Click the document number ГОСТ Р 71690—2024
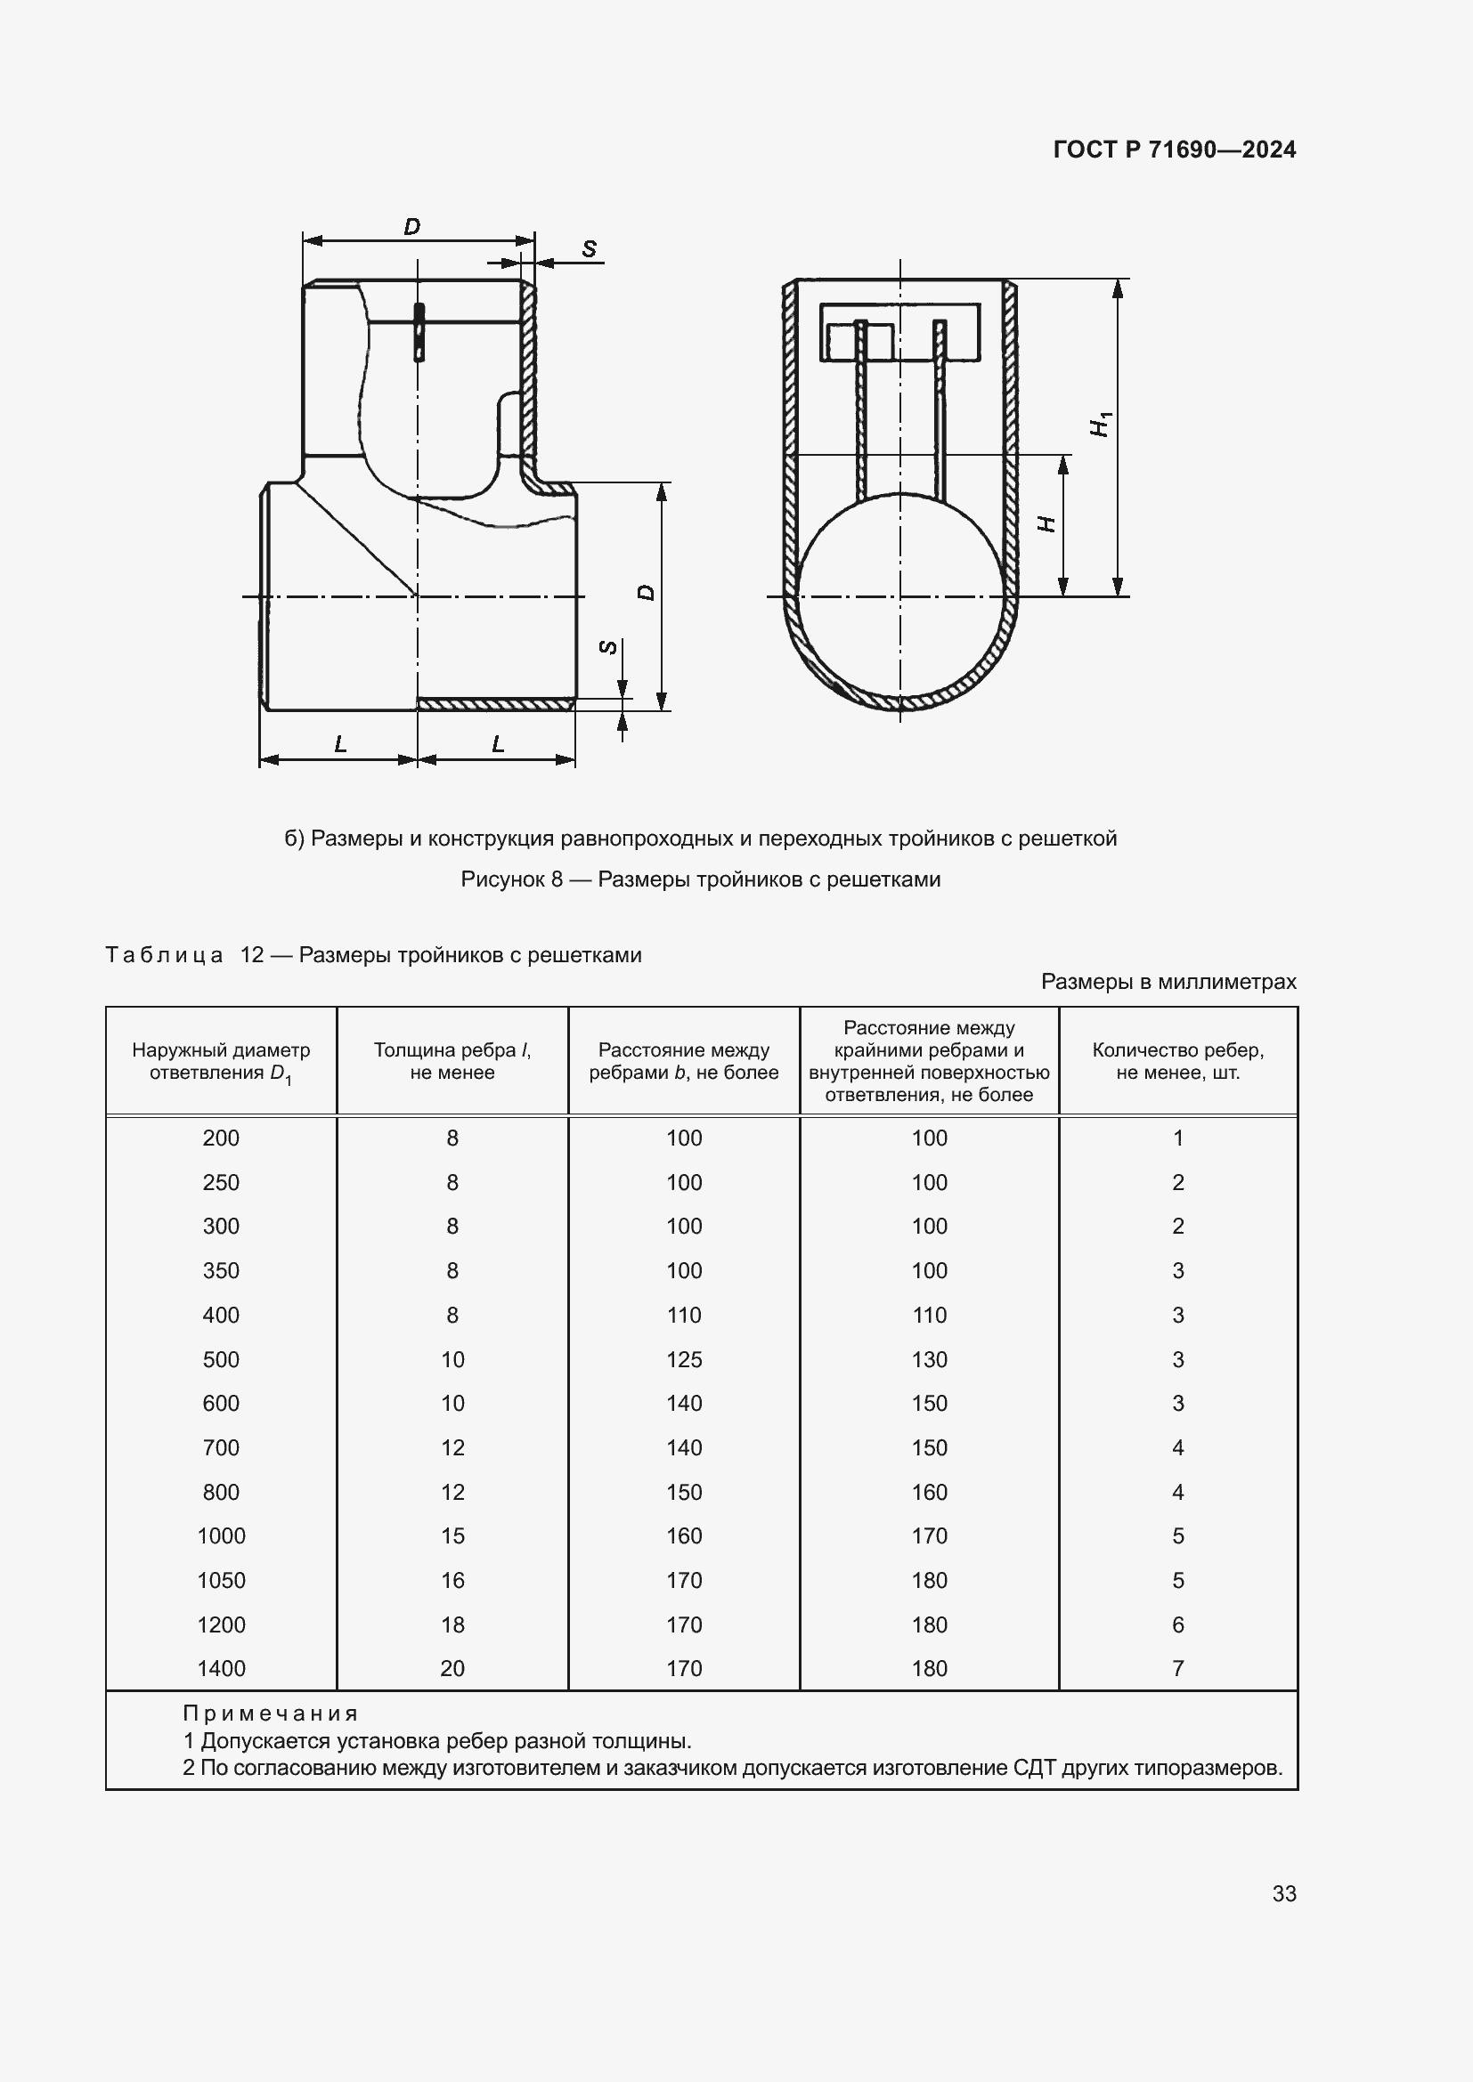[1174, 150]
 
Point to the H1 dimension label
[1101, 424]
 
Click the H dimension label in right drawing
[1046, 524]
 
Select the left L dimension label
[340, 744]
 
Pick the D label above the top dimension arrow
[411, 227]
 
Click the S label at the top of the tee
[590, 248]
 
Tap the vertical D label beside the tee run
[646, 592]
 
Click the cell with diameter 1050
[222, 1580]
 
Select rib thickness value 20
[452, 1667]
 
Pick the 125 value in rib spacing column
[684, 1359]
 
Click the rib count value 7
[1177, 1667]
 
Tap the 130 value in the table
[929, 1359]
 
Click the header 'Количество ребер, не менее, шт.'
[1177, 1061]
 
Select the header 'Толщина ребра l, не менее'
[452, 1061]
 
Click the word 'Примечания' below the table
[271, 1713]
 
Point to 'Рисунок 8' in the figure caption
[511, 879]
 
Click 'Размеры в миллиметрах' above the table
[1168, 981]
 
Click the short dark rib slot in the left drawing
[419, 332]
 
